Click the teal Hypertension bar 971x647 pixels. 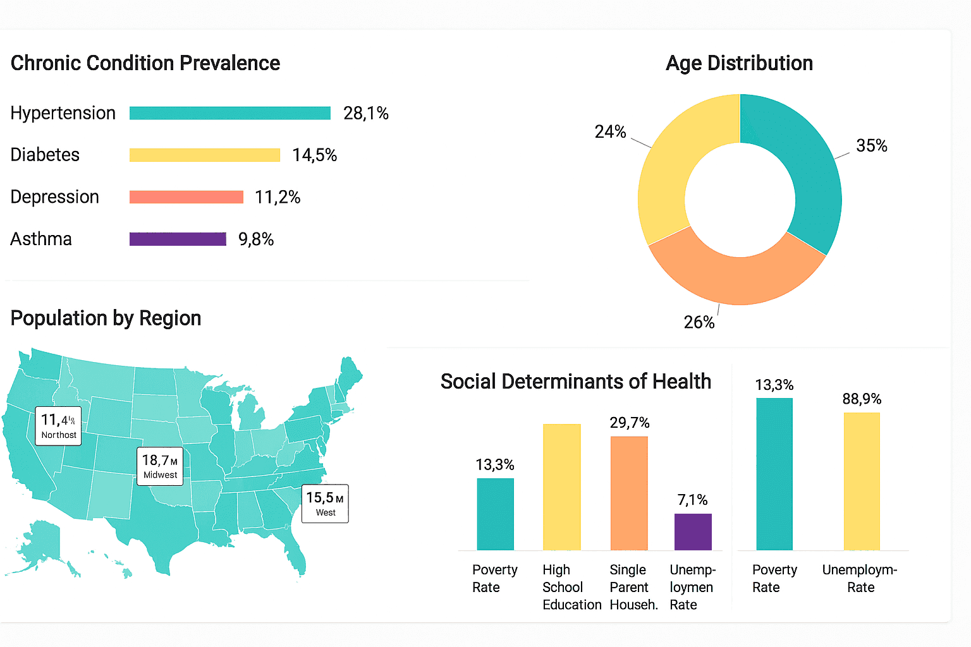pyautogui.click(x=229, y=113)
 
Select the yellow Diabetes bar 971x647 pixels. pyautogui.click(x=204, y=155)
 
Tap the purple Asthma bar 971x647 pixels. pyautogui.click(x=178, y=239)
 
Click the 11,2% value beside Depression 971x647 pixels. pyautogui.click(x=278, y=197)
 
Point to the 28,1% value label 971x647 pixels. pyautogui.click(x=365, y=113)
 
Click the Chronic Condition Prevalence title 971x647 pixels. pyautogui.click(x=145, y=63)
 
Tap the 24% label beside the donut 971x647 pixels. pyautogui.click(x=610, y=131)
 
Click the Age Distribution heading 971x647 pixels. pyautogui.click(x=739, y=63)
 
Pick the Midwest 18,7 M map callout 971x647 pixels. pyautogui.click(x=160, y=466)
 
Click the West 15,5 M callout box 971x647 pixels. pyautogui.click(x=325, y=504)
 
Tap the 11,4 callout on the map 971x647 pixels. pyautogui.click(x=58, y=426)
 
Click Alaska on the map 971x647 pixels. pyautogui.click(x=41, y=543)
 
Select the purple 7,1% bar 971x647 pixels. pyautogui.click(x=693, y=531)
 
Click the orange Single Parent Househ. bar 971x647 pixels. pyautogui.click(x=629, y=493)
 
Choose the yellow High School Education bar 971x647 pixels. pyautogui.click(x=561, y=487)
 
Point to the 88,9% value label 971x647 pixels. pyautogui.click(x=862, y=399)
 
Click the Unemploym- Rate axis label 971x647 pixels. pyautogui.click(x=860, y=578)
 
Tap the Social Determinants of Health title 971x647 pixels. pyautogui.click(x=575, y=382)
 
